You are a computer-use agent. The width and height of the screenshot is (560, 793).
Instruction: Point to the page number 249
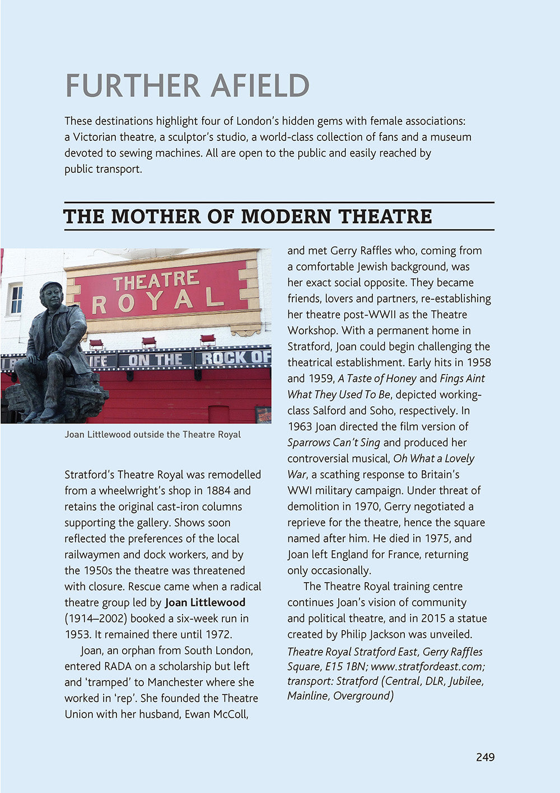click(486, 757)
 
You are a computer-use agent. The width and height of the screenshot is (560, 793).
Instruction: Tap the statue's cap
click(50, 287)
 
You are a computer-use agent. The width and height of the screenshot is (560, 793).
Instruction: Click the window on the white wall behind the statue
click(15, 299)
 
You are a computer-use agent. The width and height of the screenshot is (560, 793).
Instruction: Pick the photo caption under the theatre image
click(152, 435)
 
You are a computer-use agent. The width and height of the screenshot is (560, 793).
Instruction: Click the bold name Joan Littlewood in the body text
click(205, 602)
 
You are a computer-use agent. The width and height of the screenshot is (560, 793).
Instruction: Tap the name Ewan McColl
click(217, 714)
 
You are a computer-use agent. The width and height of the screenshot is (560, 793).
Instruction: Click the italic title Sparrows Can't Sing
click(334, 442)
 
